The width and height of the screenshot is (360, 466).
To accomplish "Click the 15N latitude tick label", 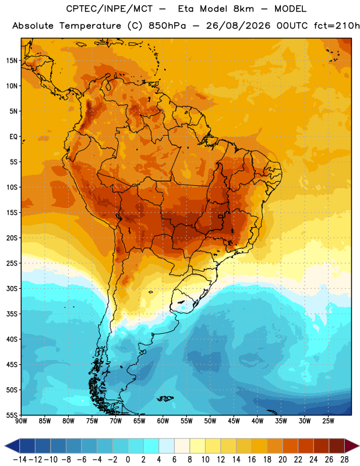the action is coord(12,61).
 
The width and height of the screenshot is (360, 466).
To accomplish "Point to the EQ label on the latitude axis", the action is coord(13,137).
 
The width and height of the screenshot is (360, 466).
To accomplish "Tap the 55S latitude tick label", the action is coord(12,415).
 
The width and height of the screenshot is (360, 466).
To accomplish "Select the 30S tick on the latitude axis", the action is coord(12,288).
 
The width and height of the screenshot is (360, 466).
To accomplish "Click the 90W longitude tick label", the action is coord(21,421).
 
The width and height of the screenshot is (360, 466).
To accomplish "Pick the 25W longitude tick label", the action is coord(328,421).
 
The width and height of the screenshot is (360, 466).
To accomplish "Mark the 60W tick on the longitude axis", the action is coord(163,421).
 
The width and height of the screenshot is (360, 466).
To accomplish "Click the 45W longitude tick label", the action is coord(234,421).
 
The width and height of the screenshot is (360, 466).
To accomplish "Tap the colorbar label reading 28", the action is coord(344,460).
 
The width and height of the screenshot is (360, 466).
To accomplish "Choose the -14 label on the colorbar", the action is coord(20,460).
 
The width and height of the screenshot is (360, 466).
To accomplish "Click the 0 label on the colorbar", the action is coord(128,460).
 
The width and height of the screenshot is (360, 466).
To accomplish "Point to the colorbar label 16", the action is coord(252,460).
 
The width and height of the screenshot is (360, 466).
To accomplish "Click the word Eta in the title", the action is coord(186,9).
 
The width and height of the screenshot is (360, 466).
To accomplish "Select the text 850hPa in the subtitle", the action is coord(167,26).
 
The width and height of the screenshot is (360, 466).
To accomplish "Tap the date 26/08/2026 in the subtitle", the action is coord(238,26).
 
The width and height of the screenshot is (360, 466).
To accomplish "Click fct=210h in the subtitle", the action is coord(337,26).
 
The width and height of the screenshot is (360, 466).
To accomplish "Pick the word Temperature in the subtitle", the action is coord(90,26).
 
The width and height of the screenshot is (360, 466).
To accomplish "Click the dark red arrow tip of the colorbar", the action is coord(351,446).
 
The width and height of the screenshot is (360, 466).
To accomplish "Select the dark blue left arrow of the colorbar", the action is coord(12,446).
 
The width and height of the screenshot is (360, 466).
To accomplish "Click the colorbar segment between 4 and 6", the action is coord(167,446).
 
